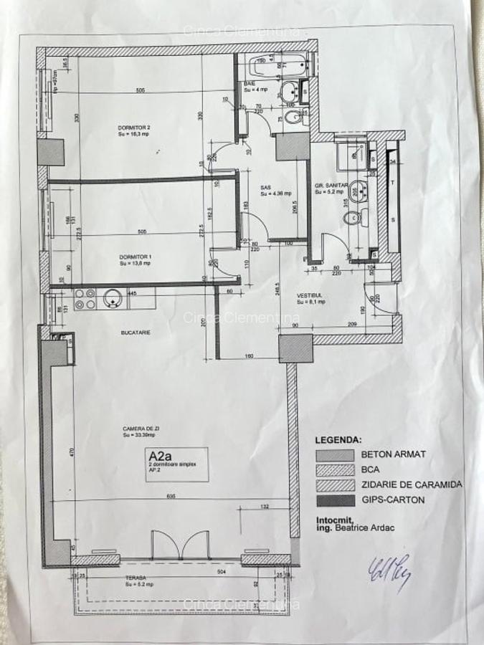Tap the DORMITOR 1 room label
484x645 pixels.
(134, 257)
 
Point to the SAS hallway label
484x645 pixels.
(265, 188)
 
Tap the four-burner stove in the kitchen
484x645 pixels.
(86, 298)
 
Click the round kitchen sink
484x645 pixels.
(113, 297)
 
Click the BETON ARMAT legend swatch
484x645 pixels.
(335, 455)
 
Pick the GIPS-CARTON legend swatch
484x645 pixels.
(335, 500)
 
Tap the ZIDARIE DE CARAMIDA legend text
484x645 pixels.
(411, 485)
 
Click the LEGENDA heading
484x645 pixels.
(339, 439)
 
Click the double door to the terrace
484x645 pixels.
(180, 545)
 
